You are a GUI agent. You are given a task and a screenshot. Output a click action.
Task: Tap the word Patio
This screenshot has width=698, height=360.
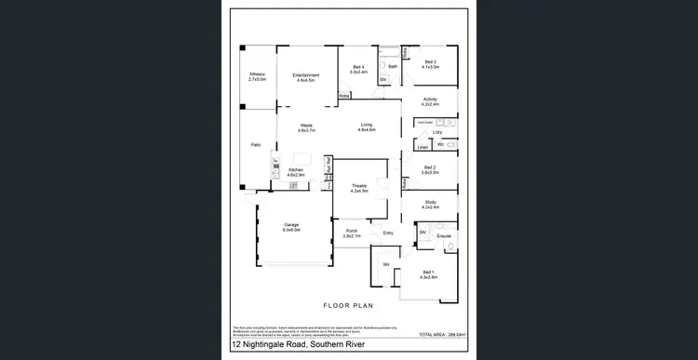point(255,145)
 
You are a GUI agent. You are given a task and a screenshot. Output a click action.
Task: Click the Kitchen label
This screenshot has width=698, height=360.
point(296,171)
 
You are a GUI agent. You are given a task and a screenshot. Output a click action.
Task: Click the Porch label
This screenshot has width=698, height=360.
point(351,233)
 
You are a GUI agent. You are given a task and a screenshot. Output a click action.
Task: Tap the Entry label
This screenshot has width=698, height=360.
point(388,233)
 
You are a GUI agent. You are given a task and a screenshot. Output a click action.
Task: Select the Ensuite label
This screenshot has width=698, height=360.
point(443,236)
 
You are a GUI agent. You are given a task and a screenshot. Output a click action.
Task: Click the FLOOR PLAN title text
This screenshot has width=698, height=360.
point(348,305)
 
